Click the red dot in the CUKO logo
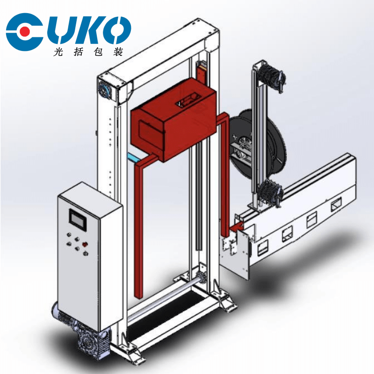coord(25,31)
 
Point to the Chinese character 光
coord(58,52)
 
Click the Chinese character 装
coord(118,52)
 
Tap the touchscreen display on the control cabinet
coord(78,219)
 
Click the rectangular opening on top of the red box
coord(188,99)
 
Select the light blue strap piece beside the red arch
coord(135,158)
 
